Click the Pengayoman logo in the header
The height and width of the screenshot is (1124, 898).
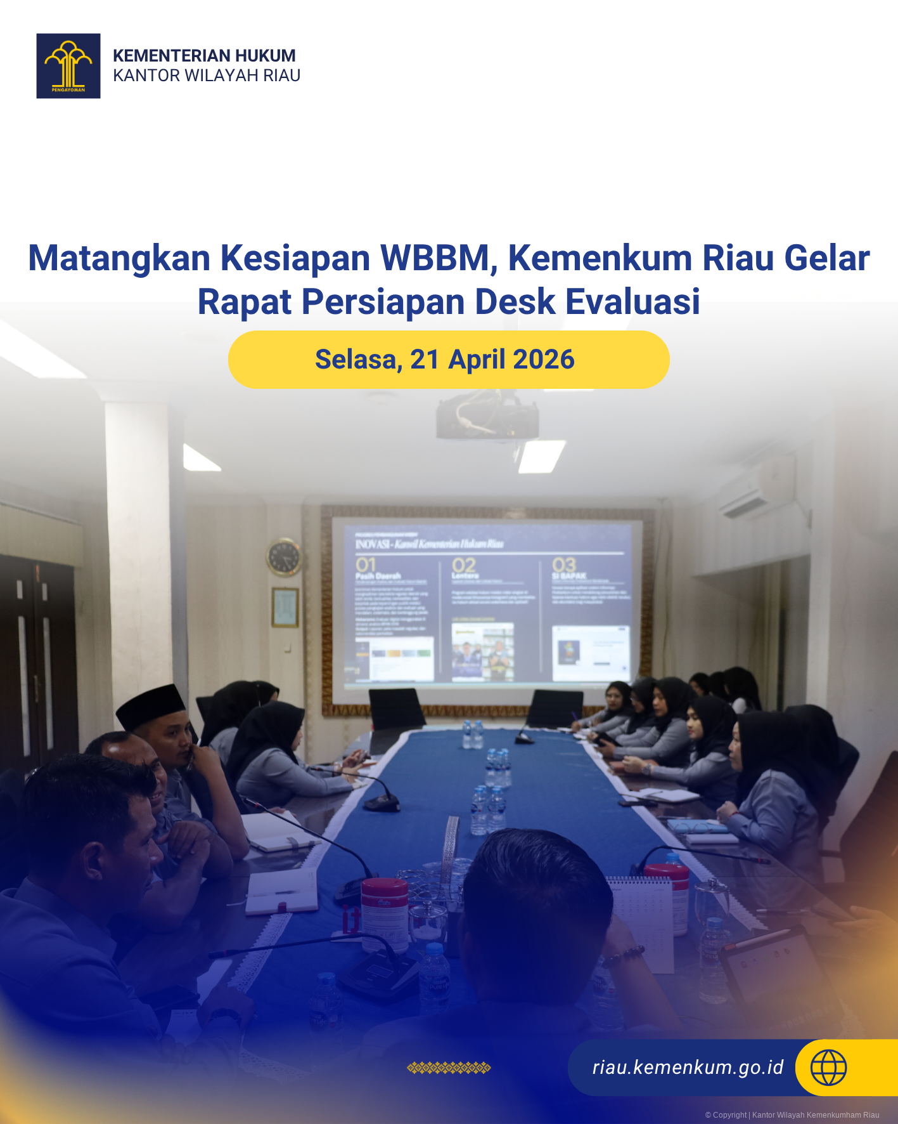tap(68, 66)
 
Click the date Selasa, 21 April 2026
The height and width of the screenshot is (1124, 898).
tap(445, 360)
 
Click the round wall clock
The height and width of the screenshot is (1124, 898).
tap(283, 557)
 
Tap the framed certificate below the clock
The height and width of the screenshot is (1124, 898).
tap(285, 607)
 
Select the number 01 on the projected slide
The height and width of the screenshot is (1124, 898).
tap(366, 565)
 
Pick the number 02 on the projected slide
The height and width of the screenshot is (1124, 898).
tap(463, 565)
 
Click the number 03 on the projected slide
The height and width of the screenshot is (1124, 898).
tap(563, 564)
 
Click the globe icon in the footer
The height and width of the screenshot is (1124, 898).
tap(828, 1068)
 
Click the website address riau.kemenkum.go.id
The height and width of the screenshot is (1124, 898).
tap(688, 1068)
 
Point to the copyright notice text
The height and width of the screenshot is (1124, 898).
tap(792, 1114)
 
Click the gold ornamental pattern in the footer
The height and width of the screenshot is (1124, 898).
tap(449, 1068)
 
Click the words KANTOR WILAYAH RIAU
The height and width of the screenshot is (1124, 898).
tap(207, 75)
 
